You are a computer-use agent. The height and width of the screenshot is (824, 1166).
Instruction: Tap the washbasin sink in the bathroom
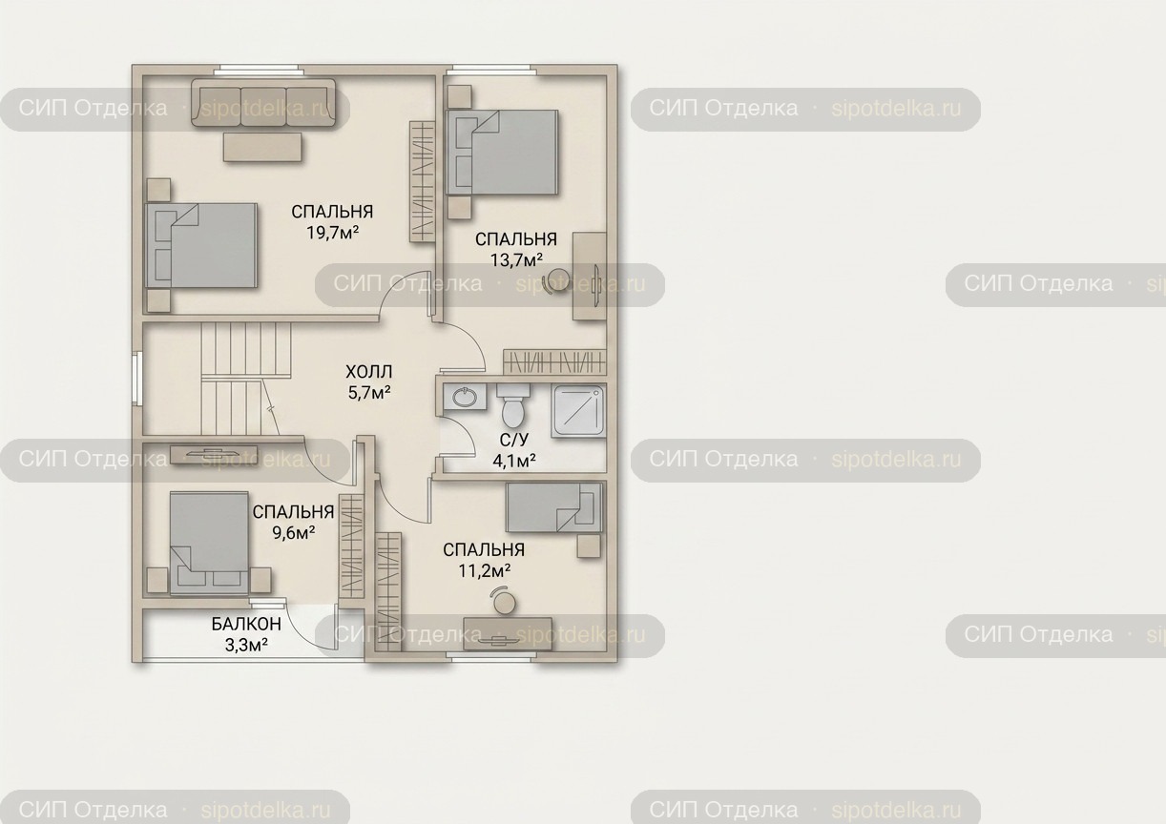point(465,398)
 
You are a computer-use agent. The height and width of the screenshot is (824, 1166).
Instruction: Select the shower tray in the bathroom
point(579,411)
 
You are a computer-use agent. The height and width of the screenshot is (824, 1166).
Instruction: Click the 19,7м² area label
point(332,233)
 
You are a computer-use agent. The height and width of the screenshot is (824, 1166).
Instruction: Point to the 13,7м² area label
point(516,259)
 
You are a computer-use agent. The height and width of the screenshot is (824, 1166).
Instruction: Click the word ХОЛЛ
point(369,372)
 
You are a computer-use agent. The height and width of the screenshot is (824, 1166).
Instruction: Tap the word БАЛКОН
point(246,624)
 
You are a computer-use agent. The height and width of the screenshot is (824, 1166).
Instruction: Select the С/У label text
point(514,440)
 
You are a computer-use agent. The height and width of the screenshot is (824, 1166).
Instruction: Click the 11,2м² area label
point(484,570)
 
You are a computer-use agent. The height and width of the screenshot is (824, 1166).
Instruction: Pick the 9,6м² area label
point(294,533)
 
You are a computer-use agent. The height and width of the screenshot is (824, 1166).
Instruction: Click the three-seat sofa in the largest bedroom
point(262,102)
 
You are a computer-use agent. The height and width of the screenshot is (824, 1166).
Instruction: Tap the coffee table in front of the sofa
point(262,147)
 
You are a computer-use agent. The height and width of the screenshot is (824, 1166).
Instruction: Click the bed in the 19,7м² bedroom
point(201,245)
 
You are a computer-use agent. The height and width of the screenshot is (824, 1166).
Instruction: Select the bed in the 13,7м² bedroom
point(502,152)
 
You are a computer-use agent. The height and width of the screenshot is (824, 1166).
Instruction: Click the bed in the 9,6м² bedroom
point(209,543)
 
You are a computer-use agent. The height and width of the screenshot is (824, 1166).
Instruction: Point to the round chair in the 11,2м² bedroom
point(504,601)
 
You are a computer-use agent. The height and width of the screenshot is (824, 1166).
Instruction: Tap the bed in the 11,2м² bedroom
point(554,507)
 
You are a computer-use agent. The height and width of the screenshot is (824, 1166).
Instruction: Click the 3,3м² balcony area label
point(246,645)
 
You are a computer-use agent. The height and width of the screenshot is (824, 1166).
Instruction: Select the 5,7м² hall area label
point(369,393)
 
